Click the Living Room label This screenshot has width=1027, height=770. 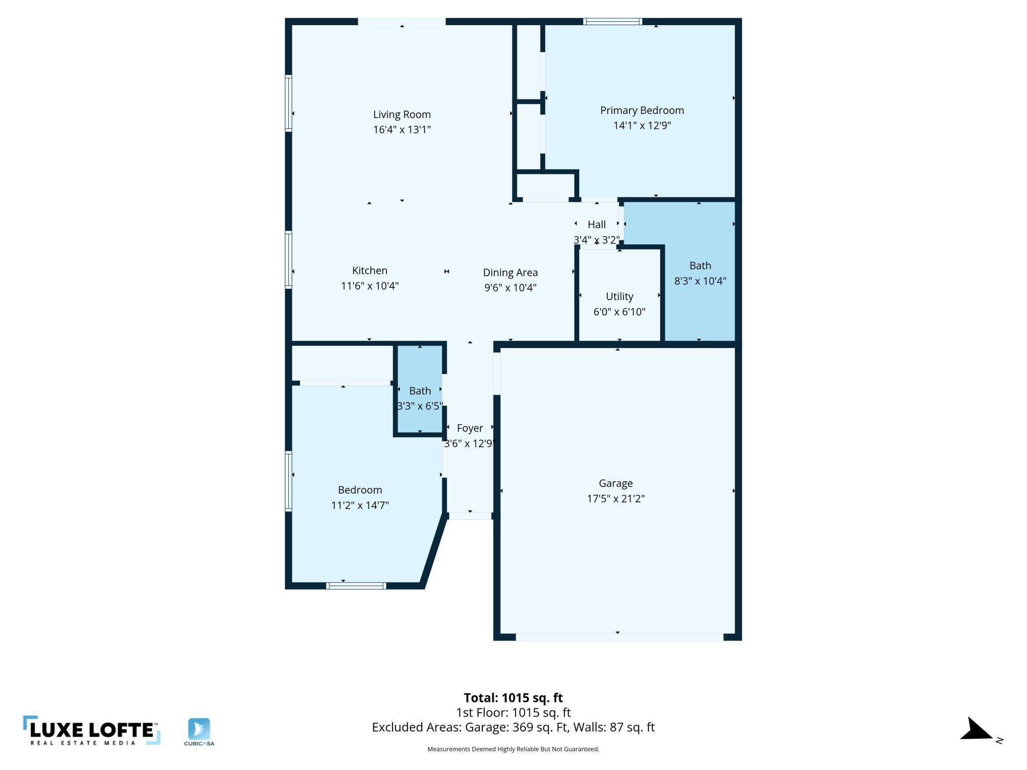pos(402,115)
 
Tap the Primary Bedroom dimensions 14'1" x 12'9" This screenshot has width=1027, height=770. pos(642,125)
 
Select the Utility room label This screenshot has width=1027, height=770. pos(620,297)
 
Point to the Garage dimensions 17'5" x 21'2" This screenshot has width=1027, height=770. pos(616,499)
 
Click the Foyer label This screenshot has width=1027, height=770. pos(470,428)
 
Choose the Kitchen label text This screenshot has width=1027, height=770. pos(370,270)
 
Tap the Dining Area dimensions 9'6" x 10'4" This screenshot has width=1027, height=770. pos(511,288)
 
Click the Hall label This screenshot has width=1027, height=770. pos(596,225)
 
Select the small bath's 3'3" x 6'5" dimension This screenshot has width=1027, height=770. pos(420,406)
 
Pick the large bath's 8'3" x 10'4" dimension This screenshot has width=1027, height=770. pos(700,281)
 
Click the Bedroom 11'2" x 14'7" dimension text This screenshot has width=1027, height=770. pos(360,505)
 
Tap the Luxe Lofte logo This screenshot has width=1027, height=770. pos(92,731)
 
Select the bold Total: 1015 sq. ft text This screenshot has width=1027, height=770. pos(513,698)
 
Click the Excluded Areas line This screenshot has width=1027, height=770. pos(513,727)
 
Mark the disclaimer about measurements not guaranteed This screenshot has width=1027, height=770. pos(513,749)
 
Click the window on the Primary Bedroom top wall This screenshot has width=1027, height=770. pos(612,21)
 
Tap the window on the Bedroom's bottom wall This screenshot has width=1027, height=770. pos(356,586)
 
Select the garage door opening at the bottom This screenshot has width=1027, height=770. pos(620,637)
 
